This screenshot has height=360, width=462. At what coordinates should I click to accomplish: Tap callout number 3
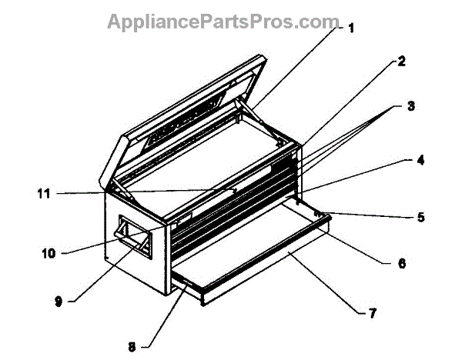[x=411, y=106]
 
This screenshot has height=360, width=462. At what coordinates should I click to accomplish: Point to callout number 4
[x=420, y=161]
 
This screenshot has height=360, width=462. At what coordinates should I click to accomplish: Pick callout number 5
[x=420, y=217]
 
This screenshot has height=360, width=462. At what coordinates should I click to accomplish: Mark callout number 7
[x=373, y=313]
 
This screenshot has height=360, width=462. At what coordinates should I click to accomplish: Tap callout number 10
[x=50, y=252]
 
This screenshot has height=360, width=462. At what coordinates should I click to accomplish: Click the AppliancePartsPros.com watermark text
[x=223, y=21]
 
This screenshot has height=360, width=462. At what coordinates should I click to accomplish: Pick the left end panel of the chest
[x=139, y=246]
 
